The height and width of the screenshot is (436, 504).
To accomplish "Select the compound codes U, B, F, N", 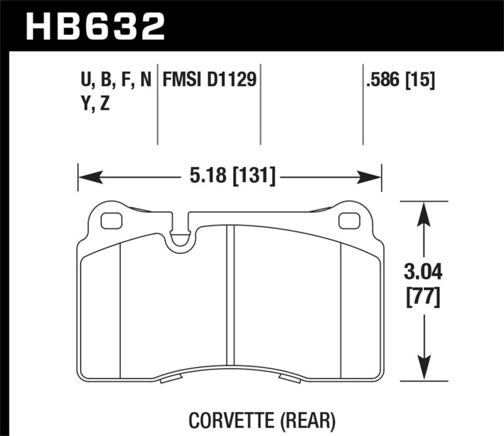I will pos(113,80).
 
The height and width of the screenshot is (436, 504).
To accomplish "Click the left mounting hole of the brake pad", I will pos(112,221).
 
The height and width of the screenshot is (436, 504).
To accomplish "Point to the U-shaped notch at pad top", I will pos(181,237).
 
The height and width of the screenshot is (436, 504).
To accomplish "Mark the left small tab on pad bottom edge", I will pos(171,379).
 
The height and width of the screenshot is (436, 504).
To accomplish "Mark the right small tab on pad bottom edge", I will pos(289,379).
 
